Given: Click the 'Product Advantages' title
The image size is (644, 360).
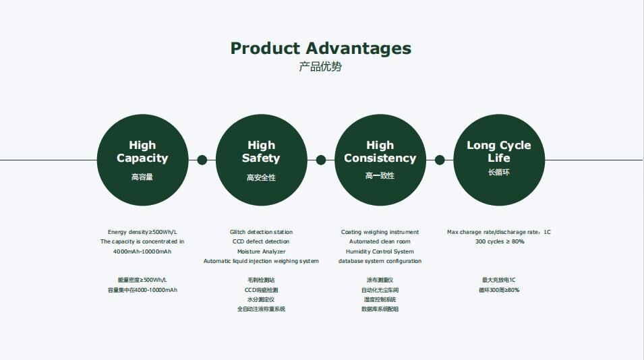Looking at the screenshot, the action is pos(321,49).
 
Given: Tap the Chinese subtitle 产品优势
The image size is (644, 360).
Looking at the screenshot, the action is pos(320,67).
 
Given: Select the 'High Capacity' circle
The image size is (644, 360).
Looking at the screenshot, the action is pos(142,160).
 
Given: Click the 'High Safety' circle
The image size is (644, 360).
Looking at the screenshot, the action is pos(261,160).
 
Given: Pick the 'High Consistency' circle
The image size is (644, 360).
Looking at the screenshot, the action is pos(380,160).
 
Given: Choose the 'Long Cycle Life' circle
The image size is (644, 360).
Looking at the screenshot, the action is pos(499,160).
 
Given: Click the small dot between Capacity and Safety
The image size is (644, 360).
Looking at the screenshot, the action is pos(202,160).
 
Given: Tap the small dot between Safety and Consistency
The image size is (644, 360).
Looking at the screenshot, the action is pos(321,160).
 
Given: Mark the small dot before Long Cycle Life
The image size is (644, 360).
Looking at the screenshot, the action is pos(440,160).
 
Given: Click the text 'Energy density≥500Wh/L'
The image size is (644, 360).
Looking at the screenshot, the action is pos(142,232).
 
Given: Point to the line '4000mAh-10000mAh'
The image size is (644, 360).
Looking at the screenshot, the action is pos(142,251).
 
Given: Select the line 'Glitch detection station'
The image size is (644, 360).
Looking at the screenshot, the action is pos(261,232).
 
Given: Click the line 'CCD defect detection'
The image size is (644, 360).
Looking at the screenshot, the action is pos(261,241).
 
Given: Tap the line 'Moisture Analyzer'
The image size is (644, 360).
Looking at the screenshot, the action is pos(261,251).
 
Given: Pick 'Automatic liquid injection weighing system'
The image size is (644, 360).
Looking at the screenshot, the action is pos(261,261).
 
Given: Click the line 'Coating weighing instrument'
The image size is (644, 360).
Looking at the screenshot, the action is pos(380,232).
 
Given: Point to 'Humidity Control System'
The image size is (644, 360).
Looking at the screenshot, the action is pos(380,251).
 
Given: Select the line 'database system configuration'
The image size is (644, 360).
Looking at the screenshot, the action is pos(380,261).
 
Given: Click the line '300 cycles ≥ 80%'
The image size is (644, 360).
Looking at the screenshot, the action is pos(500,241).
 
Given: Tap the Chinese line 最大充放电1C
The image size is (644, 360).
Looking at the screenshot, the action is pos(498,280).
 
